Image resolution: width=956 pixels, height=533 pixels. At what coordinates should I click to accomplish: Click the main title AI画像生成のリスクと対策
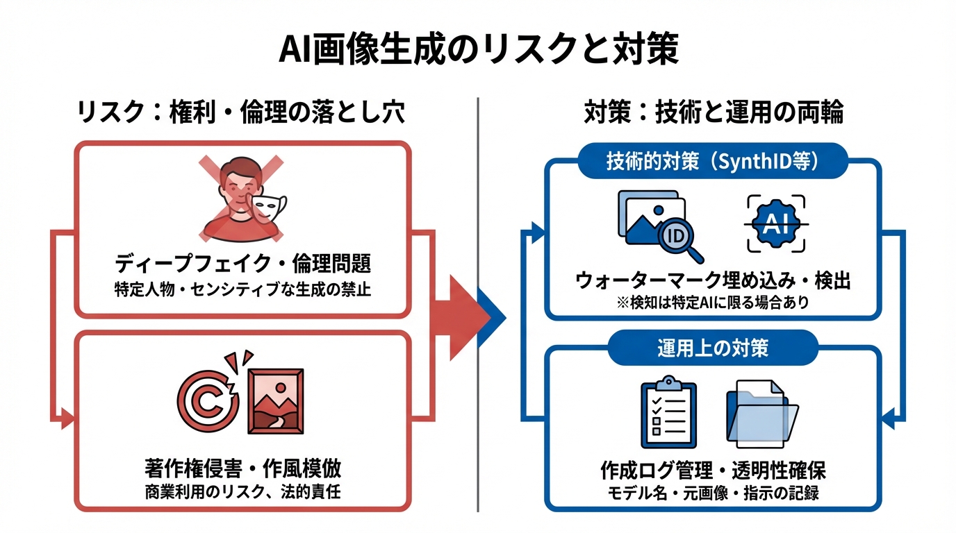(478, 50)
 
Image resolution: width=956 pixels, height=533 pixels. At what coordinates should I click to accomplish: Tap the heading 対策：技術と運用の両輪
(714, 113)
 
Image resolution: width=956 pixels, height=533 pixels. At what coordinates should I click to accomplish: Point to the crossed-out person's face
(236, 185)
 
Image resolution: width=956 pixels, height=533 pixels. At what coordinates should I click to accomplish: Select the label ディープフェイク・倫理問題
(242, 265)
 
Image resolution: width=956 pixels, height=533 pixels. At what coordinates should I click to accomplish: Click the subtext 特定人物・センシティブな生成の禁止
(242, 289)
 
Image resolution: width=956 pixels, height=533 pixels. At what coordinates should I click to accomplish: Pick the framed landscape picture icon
(275, 401)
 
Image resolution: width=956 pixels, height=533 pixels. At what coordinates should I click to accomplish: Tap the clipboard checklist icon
(668, 412)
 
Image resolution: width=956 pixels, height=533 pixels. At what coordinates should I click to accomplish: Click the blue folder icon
(760, 414)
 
